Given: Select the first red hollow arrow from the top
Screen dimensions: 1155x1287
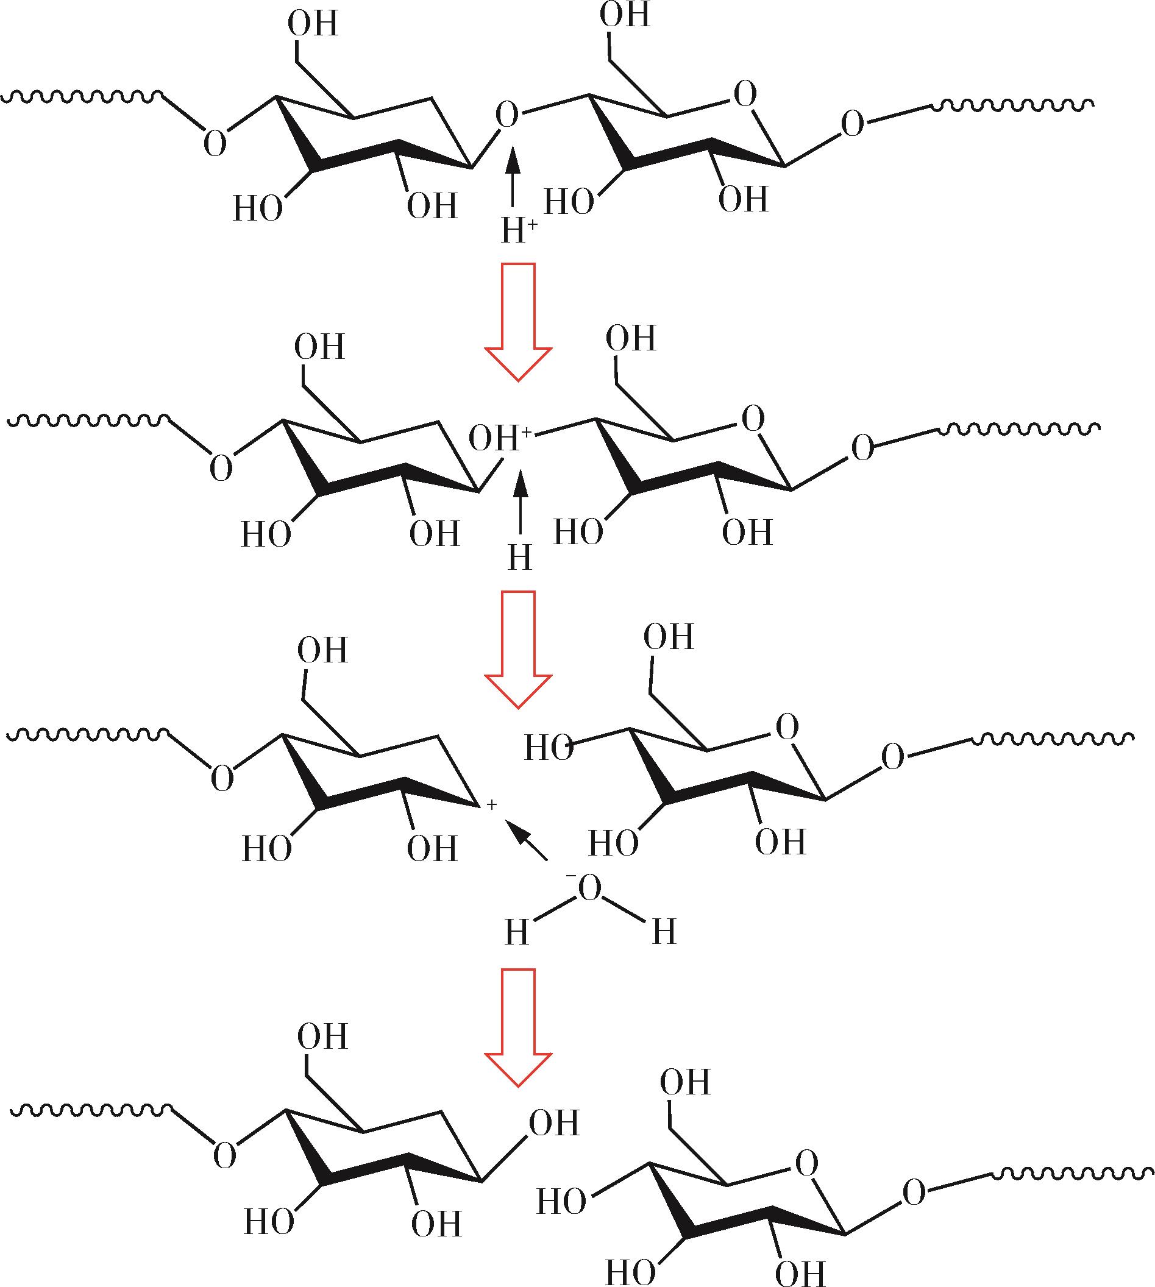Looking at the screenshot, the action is [519, 322].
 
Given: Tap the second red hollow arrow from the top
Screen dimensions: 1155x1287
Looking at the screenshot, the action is [519, 649].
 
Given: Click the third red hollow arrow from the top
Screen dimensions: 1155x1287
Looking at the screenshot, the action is [519, 1027].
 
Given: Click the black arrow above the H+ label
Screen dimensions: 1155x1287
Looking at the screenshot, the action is [513, 175].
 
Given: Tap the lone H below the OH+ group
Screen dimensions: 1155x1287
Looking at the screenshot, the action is [520, 558].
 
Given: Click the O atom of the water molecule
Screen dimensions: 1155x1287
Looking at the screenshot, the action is [588, 888].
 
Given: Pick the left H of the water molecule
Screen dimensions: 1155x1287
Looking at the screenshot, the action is [517, 932].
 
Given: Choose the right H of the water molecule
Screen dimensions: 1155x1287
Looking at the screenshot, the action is [664, 932].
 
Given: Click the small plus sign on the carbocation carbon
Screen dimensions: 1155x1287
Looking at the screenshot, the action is [491, 805].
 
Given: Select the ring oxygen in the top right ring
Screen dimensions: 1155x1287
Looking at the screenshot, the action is [745, 94].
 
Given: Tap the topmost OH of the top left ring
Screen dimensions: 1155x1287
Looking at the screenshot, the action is [313, 24].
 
